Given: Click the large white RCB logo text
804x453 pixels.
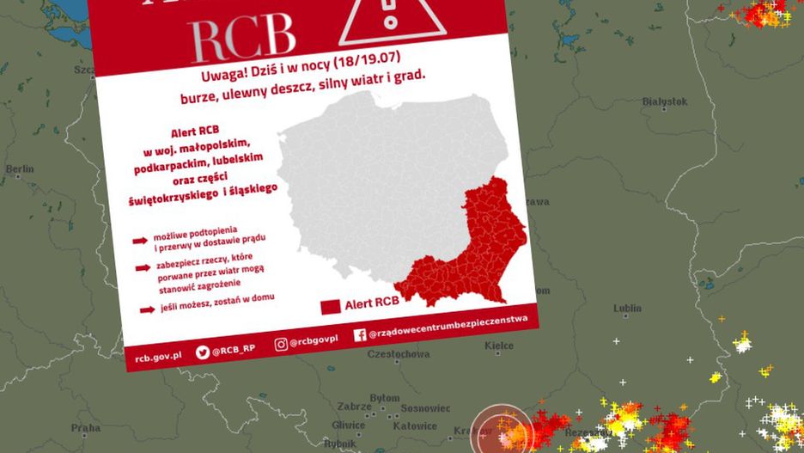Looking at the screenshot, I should pos(242,36).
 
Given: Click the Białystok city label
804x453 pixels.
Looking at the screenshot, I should pos(665,101).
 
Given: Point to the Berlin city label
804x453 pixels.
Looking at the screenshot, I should pos(20,169).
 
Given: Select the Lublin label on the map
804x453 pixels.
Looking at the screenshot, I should pos(627,308).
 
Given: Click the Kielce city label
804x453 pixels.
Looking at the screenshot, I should pos(499,346).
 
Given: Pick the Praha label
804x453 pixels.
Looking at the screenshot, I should pos(86,427).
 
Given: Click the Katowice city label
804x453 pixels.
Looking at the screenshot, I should pos(415,425).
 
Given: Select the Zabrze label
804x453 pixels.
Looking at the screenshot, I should pos(354,406).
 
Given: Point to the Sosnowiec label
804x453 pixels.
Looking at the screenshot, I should pos(426,407).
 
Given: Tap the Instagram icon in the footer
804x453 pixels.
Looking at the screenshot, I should pos(281,344).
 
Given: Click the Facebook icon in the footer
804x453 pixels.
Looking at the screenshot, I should pos(359,334).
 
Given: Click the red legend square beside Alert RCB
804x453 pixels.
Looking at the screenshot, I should pos(331,306).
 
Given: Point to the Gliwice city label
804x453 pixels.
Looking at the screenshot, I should pos(348,425).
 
